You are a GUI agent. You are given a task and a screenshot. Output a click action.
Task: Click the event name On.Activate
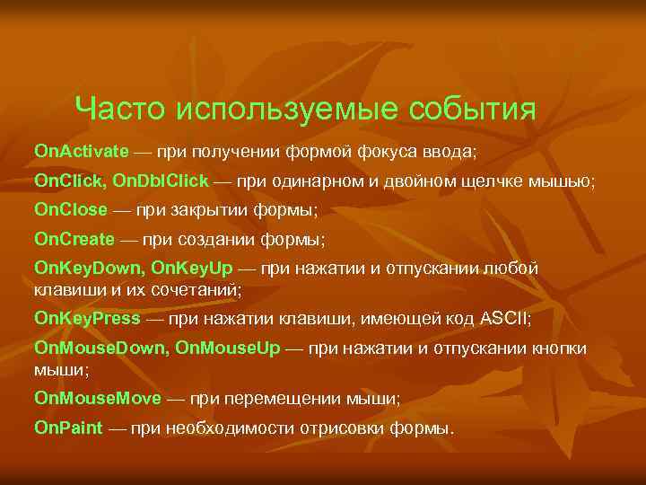coord(82,148)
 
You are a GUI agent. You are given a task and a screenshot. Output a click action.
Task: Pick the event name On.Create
coord(74,240)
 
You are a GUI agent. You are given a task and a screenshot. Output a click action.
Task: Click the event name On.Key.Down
coord(88,269)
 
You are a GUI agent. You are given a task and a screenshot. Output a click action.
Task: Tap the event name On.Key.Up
coord(192,269)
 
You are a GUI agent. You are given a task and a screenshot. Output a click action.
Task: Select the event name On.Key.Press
coord(87,318)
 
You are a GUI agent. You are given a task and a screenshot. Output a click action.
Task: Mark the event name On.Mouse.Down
coord(99,348)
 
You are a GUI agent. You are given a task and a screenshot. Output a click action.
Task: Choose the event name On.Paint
coord(68,428)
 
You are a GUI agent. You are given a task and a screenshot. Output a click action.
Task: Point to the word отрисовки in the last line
coord(342,428)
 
